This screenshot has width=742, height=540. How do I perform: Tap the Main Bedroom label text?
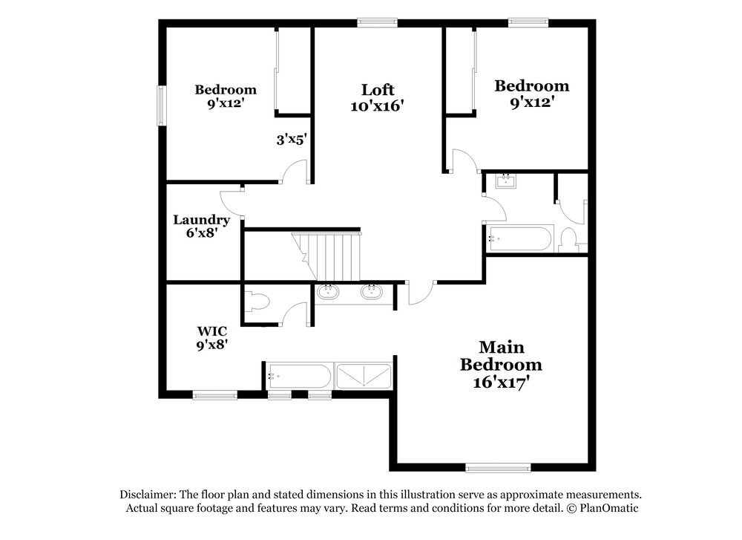click(x=501, y=356)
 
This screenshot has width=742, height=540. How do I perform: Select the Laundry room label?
click(x=201, y=220)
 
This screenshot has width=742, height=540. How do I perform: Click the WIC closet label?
click(x=211, y=331)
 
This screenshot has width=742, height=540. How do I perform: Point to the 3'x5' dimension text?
click(x=292, y=139)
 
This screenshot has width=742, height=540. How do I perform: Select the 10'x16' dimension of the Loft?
click(x=377, y=106)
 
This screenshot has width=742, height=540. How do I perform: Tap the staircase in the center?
click(x=331, y=256)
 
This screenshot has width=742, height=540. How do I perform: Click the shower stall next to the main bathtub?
click(x=364, y=376)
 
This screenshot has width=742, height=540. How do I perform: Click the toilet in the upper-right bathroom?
click(x=569, y=239)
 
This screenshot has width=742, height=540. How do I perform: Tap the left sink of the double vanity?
click(x=328, y=292)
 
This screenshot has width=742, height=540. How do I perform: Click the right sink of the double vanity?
click(x=372, y=292)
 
